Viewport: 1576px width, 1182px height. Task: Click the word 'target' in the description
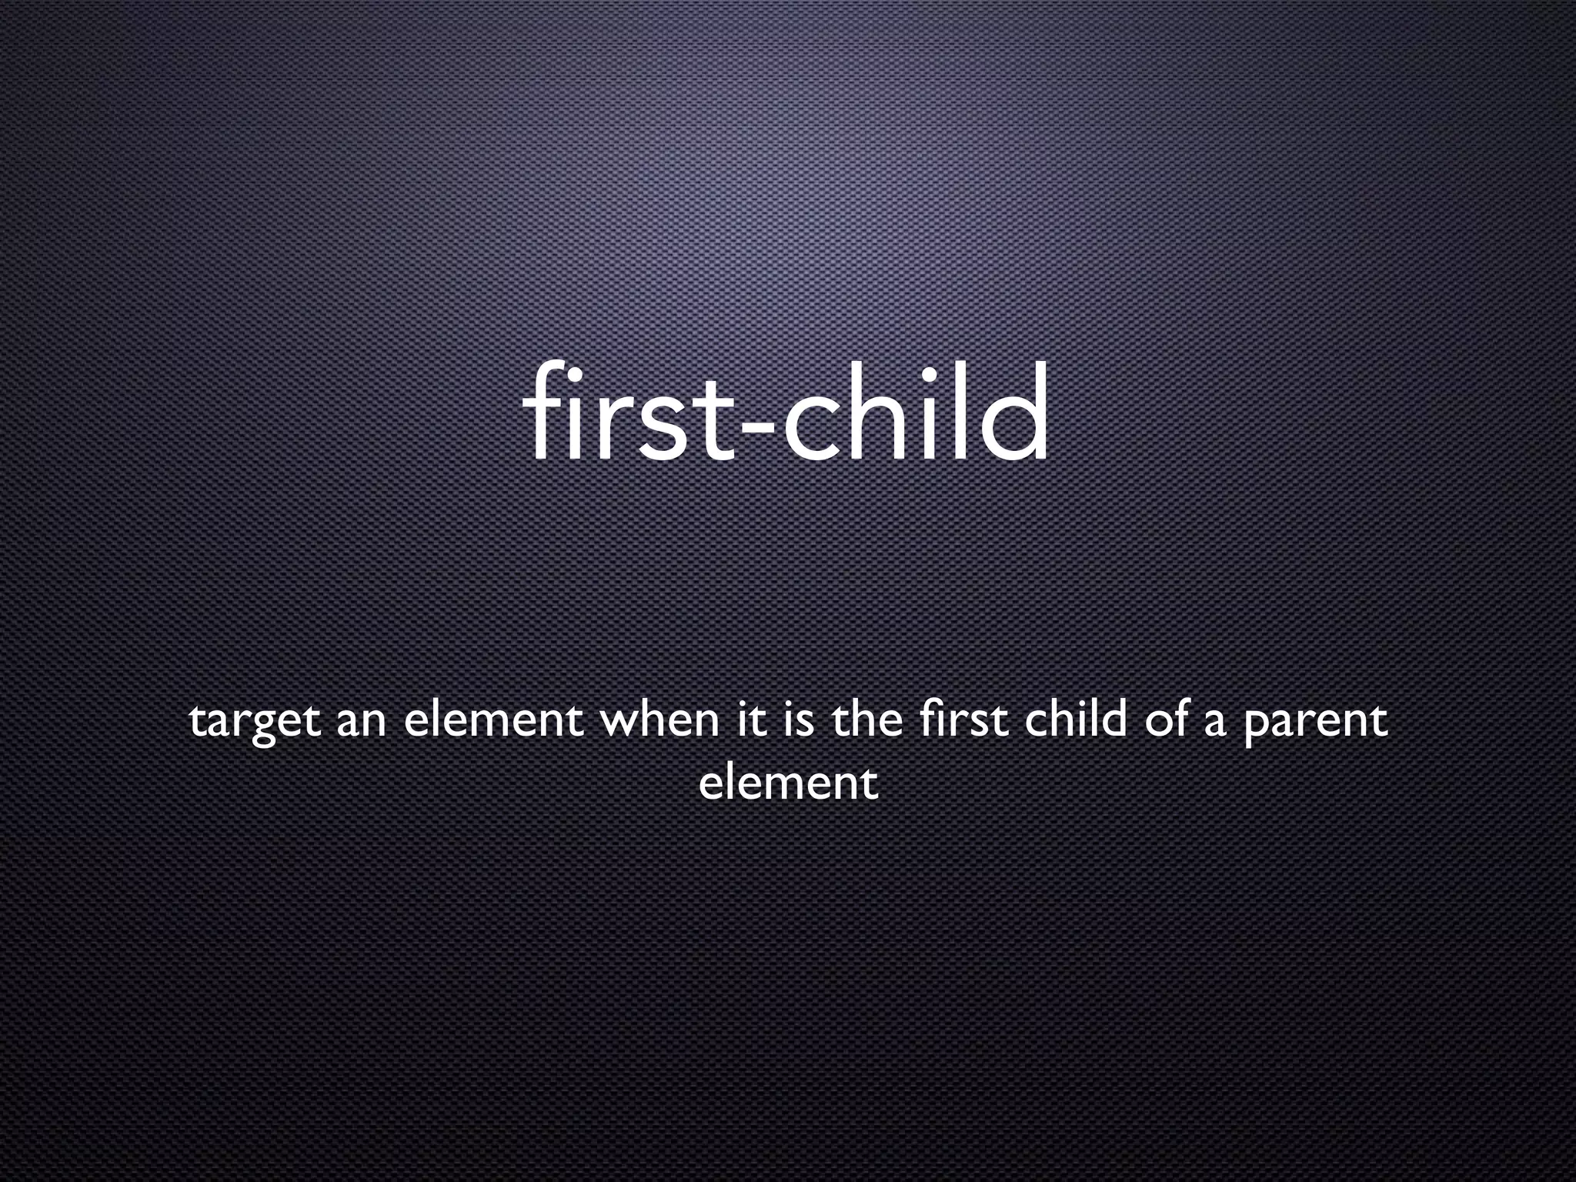coord(254,723)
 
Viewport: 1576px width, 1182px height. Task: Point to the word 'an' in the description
coord(361,725)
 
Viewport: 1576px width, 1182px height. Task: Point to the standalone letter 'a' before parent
coord(1214,726)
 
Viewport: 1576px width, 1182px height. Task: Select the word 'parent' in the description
coord(1315,725)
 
